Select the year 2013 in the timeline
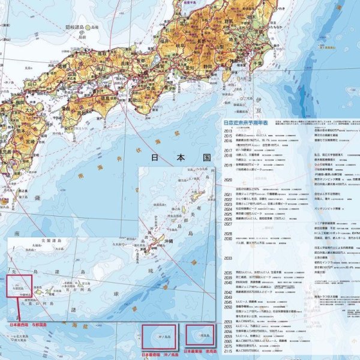coord(228,130)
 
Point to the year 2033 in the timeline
coord(228,258)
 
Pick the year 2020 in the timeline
coord(228,180)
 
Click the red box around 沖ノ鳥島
coord(158,337)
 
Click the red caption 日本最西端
coord(19,325)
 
